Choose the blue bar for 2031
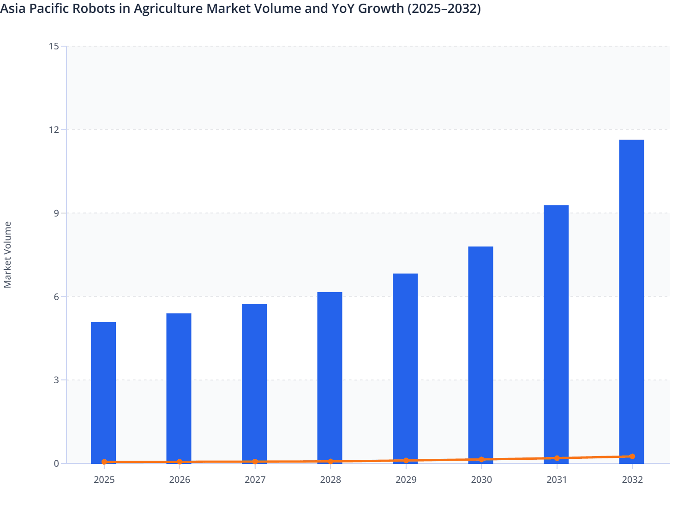pyautogui.click(x=556, y=333)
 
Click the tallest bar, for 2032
pyautogui.click(x=631, y=300)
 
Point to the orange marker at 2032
pyautogui.click(x=632, y=457)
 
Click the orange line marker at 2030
pyautogui.click(x=481, y=460)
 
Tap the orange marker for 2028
pyautogui.click(x=330, y=462)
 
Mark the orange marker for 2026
pyautogui.click(x=180, y=462)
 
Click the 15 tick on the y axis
pyautogui.click(x=54, y=46)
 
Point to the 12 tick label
pyautogui.click(x=54, y=130)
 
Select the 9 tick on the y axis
pyautogui.click(x=56, y=213)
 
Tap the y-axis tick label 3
pyautogui.click(x=56, y=380)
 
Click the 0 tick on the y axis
pyautogui.click(x=56, y=464)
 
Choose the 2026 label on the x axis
pyautogui.click(x=180, y=480)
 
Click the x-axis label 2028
pyautogui.click(x=330, y=480)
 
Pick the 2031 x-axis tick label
pyautogui.click(x=557, y=480)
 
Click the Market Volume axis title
pyautogui.click(x=8, y=255)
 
